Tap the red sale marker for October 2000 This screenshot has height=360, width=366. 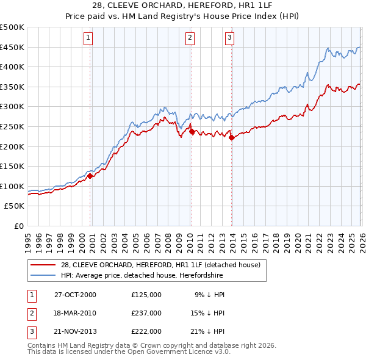[90, 176]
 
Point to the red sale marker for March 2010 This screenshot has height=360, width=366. [192, 131]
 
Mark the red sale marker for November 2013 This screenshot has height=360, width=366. [232, 137]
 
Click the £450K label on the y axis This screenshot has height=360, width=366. [12, 47]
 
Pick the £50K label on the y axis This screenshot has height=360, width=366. [14, 206]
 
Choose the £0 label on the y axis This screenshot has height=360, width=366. [18, 226]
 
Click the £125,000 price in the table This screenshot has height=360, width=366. [146, 295]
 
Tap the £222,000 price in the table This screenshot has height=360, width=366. [146, 331]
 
